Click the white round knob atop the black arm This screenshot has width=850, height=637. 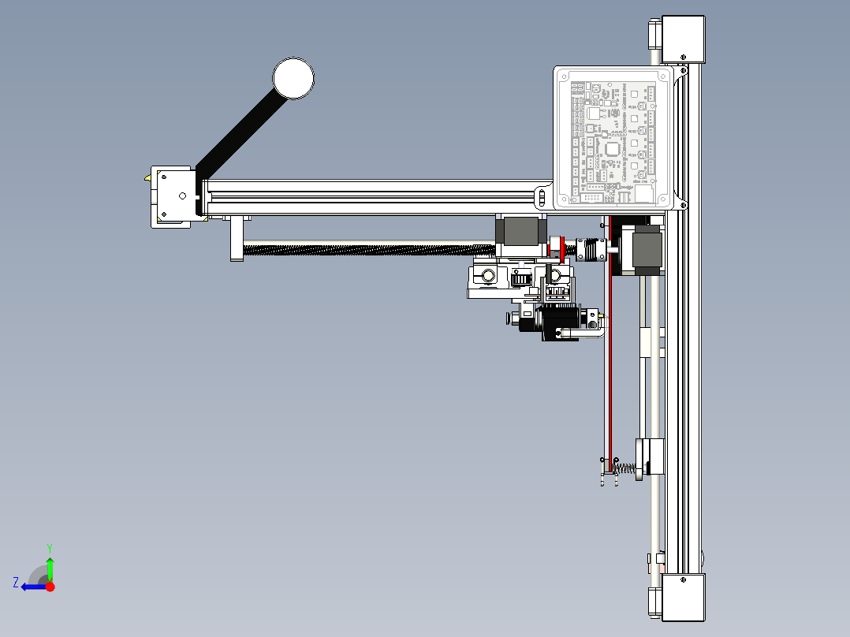click(x=293, y=79)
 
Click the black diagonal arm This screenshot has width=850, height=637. click(x=237, y=134)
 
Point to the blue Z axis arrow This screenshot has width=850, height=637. click(x=29, y=586)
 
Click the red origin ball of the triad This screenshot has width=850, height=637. click(x=50, y=587)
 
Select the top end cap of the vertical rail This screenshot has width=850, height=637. click(x=683, y=39)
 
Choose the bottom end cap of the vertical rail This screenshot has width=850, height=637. click(x=683, y=598)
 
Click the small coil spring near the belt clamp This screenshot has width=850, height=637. click(x=624, y=470)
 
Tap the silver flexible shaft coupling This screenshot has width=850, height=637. click(x=587, y=248)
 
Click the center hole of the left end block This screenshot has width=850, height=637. click(x=182, y=196)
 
